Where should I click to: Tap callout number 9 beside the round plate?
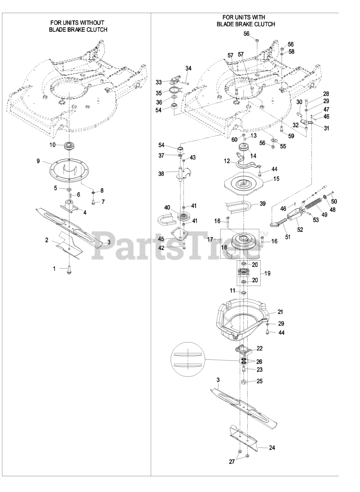pos(38,161)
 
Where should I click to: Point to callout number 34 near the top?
pos(188,68)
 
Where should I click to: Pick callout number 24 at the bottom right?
pos(272,447)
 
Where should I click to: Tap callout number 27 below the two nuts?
pos(232,462)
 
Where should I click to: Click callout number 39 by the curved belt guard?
pos(262,204)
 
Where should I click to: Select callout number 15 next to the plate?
pos(276,179)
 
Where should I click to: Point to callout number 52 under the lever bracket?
pos(300,230)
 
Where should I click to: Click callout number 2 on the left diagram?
pos(47,240)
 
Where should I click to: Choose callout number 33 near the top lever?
pos(159,82)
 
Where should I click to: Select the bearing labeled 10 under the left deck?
pos(70,145)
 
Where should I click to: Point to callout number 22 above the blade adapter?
pos(260,348)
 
